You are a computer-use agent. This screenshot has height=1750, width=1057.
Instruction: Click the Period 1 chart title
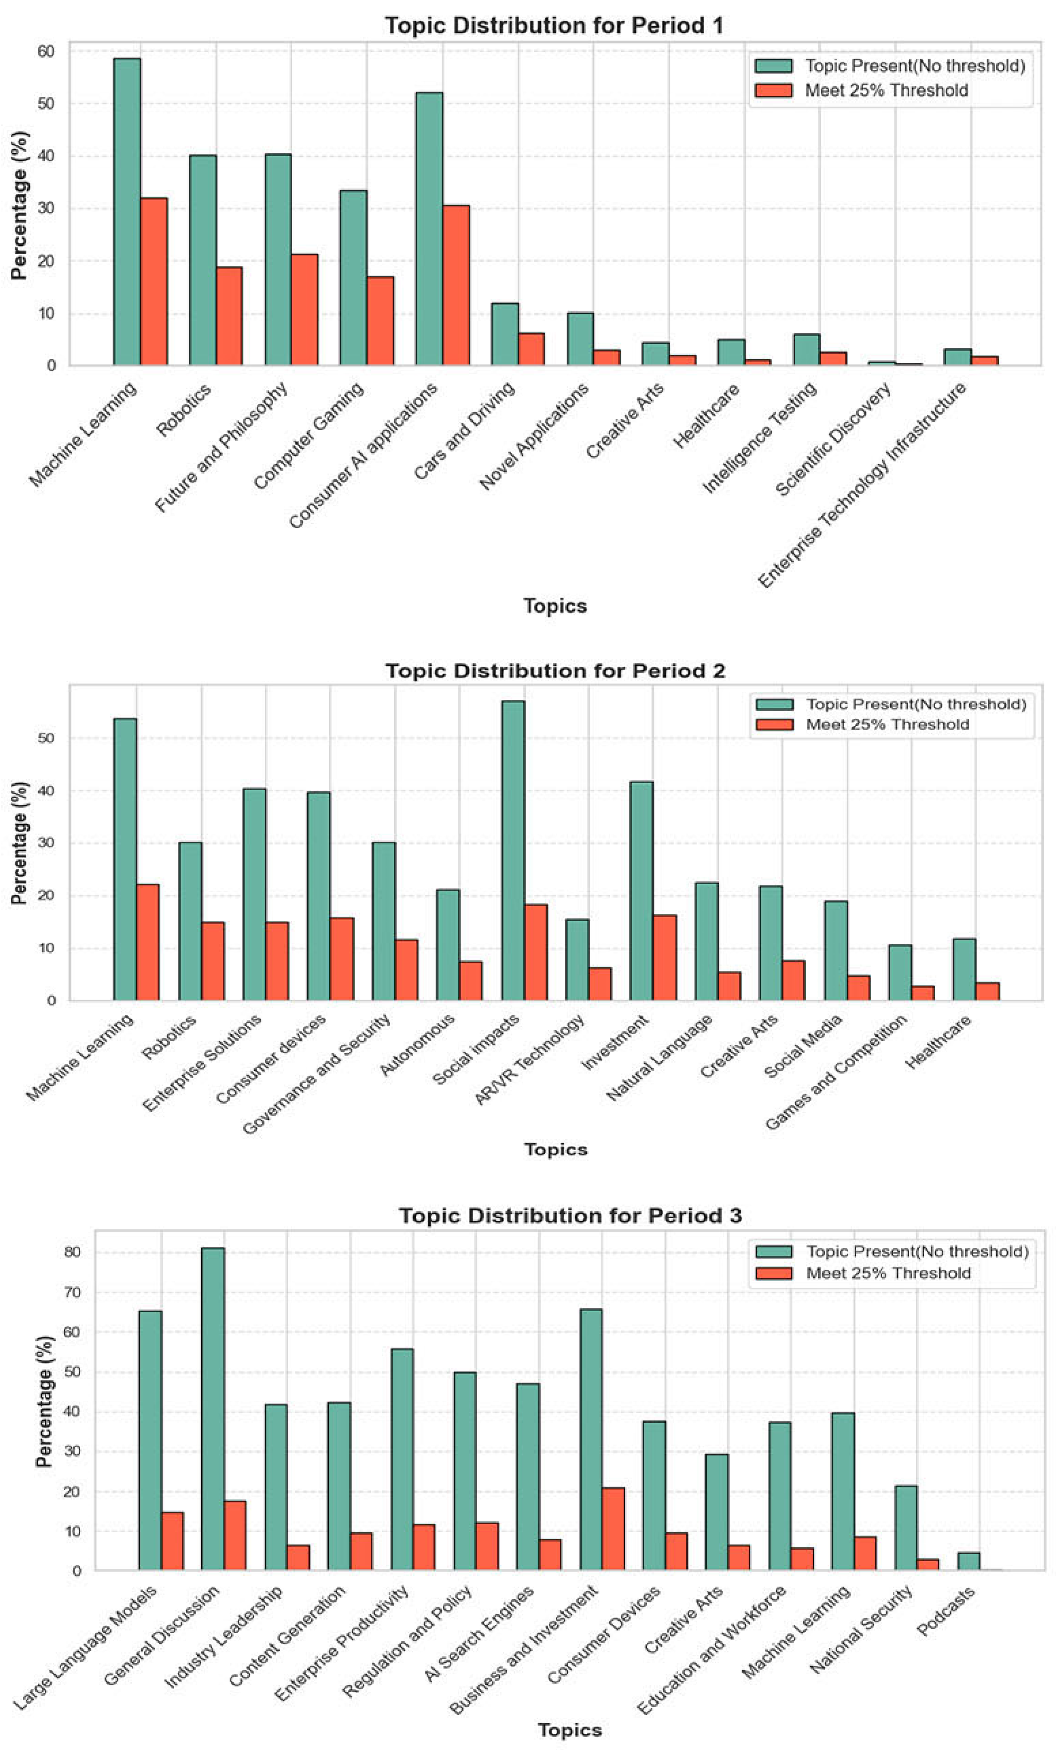pos(554,25)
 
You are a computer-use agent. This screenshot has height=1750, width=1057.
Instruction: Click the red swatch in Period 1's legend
pos(773,90)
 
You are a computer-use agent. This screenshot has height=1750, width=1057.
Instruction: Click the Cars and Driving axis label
pos(465,431)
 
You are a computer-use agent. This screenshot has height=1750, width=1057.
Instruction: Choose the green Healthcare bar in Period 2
pos(964,969)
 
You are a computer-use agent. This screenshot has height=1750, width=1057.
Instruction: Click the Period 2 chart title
pos(555,671)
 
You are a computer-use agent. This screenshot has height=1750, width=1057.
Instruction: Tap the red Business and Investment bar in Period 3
pos(613,1529)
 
